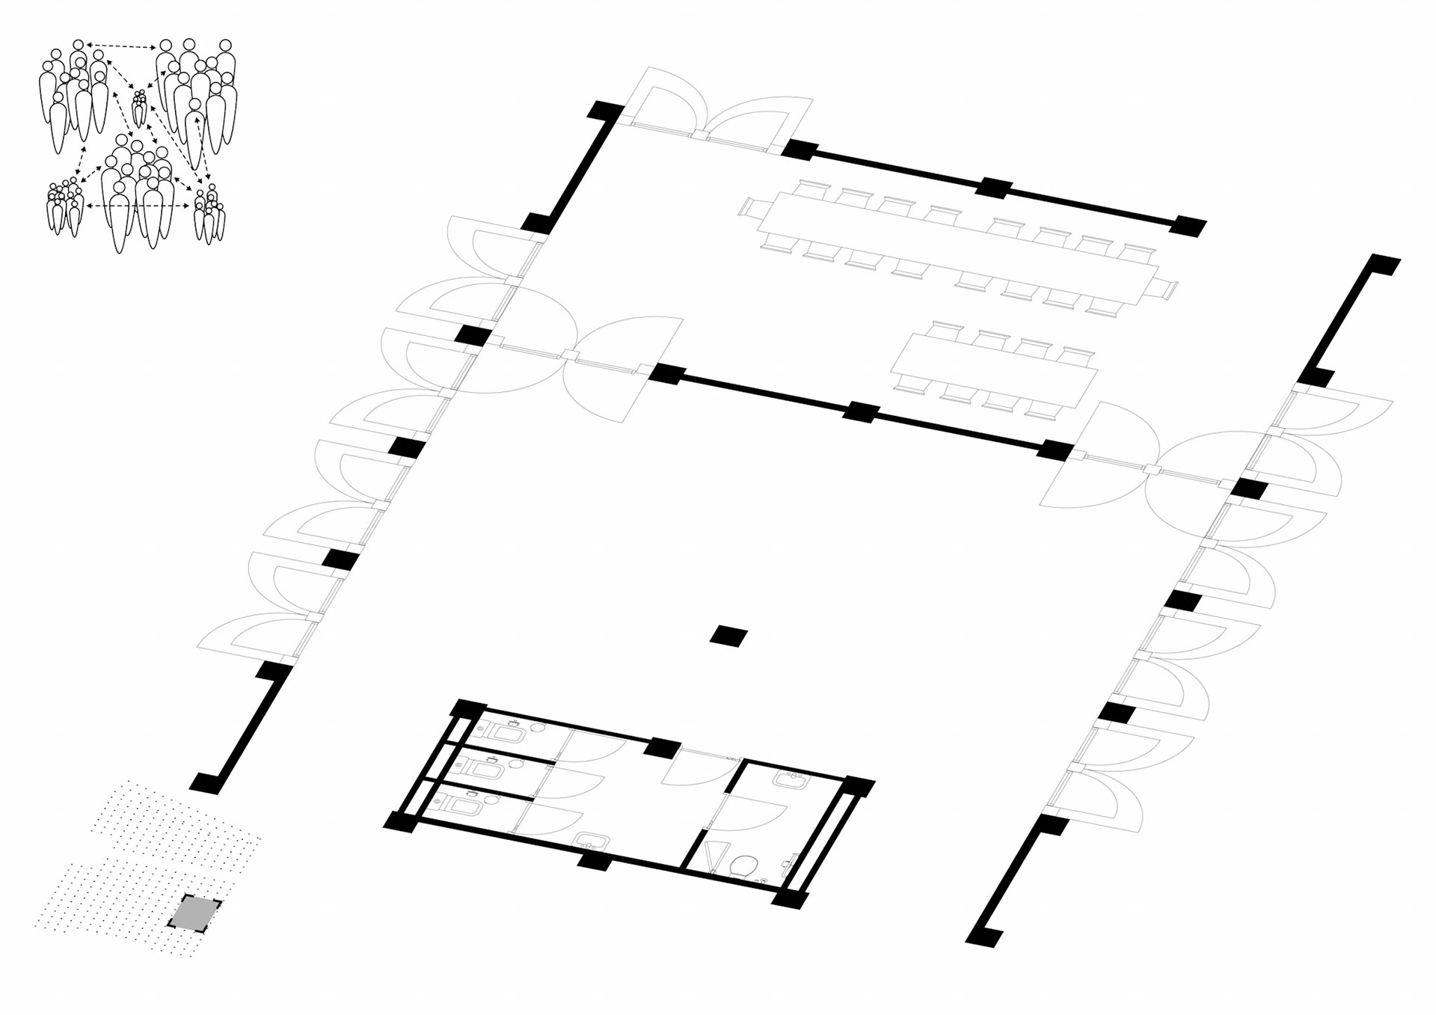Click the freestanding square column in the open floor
coord(728,637)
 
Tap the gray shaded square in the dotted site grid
coord(194,914)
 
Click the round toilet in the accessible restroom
coord(743,867)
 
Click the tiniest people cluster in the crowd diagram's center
coord(140,108)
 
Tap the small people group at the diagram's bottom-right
coord(209,215)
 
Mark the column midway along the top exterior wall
coord(994,187)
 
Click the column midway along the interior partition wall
coord(861,411)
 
